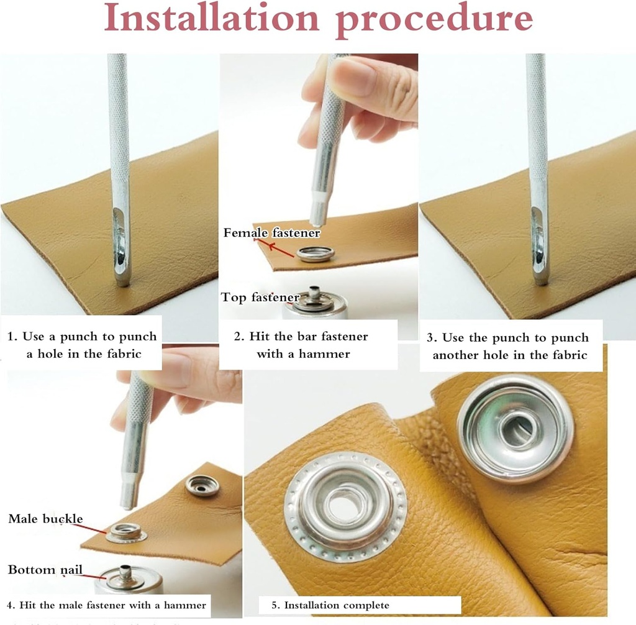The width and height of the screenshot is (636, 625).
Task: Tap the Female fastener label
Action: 271,233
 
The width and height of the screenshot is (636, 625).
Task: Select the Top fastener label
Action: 260,298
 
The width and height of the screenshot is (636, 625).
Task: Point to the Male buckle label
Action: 45,518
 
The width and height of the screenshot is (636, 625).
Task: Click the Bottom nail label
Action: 45,570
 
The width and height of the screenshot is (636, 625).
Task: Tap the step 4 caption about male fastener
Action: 106,604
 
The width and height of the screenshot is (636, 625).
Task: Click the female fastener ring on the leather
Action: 316,253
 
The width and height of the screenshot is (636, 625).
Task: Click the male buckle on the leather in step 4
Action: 126,532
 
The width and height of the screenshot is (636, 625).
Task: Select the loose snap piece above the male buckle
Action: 202,485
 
